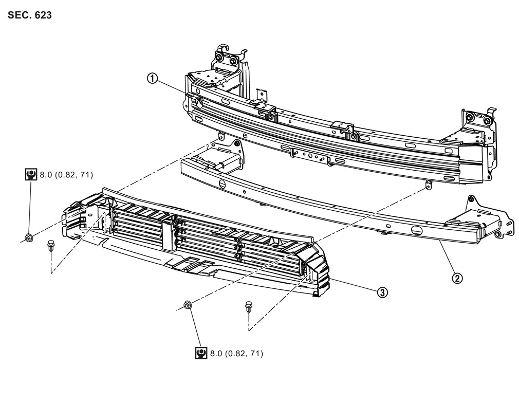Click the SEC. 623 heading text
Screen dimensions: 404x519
[30, 15]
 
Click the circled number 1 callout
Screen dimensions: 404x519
[152, 79]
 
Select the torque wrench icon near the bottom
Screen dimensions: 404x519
[201, 353]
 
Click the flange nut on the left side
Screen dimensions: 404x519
[29, 237]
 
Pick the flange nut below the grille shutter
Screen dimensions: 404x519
[188, 306]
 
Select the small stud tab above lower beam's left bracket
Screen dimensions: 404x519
[221, 137]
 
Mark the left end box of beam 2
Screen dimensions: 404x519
[218, 157]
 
